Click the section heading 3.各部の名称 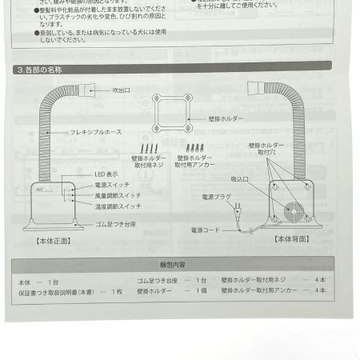[x=39, y=70]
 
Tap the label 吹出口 [x=121, y=91]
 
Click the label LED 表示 [x=106, y=174]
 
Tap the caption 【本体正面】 [x=53, y=238]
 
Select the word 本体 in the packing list [x=24, y=282]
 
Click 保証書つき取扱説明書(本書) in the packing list [x=57, y=293]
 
